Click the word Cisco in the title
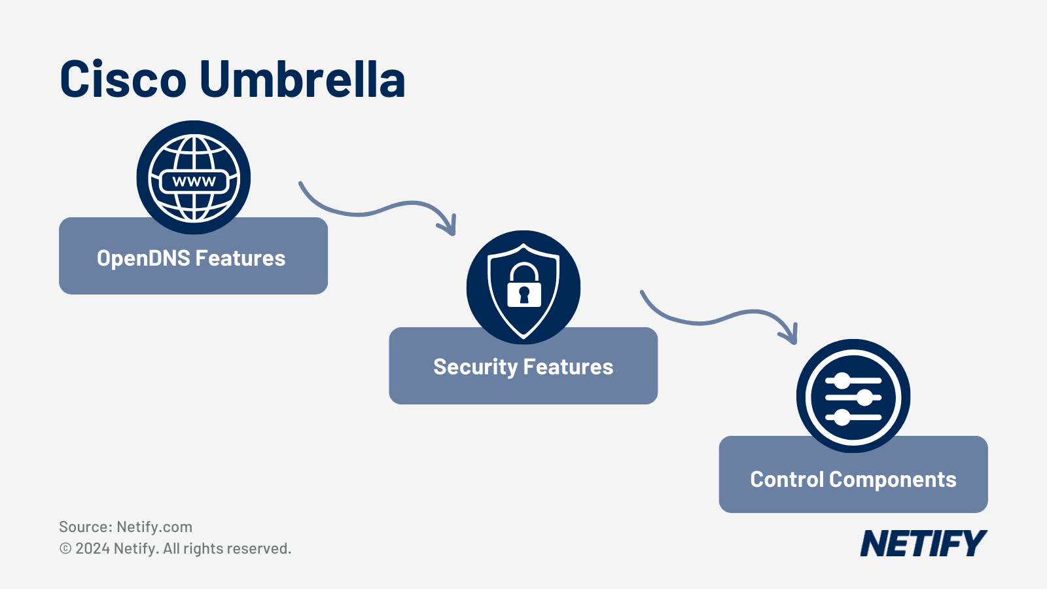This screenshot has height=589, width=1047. click(123, 79)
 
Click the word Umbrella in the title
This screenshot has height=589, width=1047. click(302, 79)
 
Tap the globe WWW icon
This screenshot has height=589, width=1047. click(194, 177)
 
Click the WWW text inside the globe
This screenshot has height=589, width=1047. click(194, 182)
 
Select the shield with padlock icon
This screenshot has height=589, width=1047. click(523, 287)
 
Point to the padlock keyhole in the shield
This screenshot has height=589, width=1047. click(524, 294)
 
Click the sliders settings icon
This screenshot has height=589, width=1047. click(853, 396)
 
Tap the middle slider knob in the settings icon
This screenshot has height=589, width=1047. click(865, 397)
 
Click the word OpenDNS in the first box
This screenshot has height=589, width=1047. click(143, 259)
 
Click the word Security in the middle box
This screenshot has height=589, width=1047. click(475, 367)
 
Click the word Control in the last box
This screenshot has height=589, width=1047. click(787, 480)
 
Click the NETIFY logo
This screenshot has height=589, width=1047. click(923, 544)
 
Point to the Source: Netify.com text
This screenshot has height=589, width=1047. click(126, 527)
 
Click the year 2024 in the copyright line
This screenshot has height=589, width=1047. click(92, 548)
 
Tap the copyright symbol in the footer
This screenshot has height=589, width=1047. click(65, 548)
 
